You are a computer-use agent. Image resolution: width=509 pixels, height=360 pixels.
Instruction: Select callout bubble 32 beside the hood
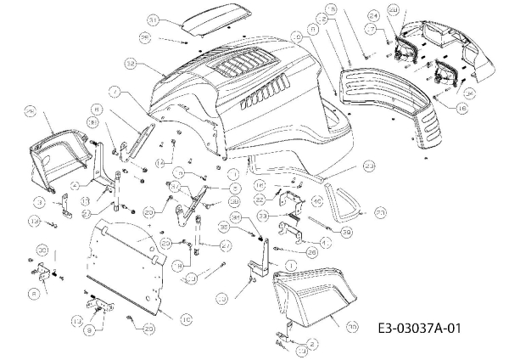point(130,63)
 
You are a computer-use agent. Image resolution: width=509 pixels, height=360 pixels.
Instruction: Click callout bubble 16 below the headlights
point(461,109)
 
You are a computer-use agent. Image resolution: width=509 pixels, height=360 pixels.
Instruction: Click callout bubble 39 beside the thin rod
point(346,231)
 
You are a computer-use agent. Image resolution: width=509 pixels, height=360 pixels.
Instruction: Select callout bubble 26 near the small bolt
point(311,251)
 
